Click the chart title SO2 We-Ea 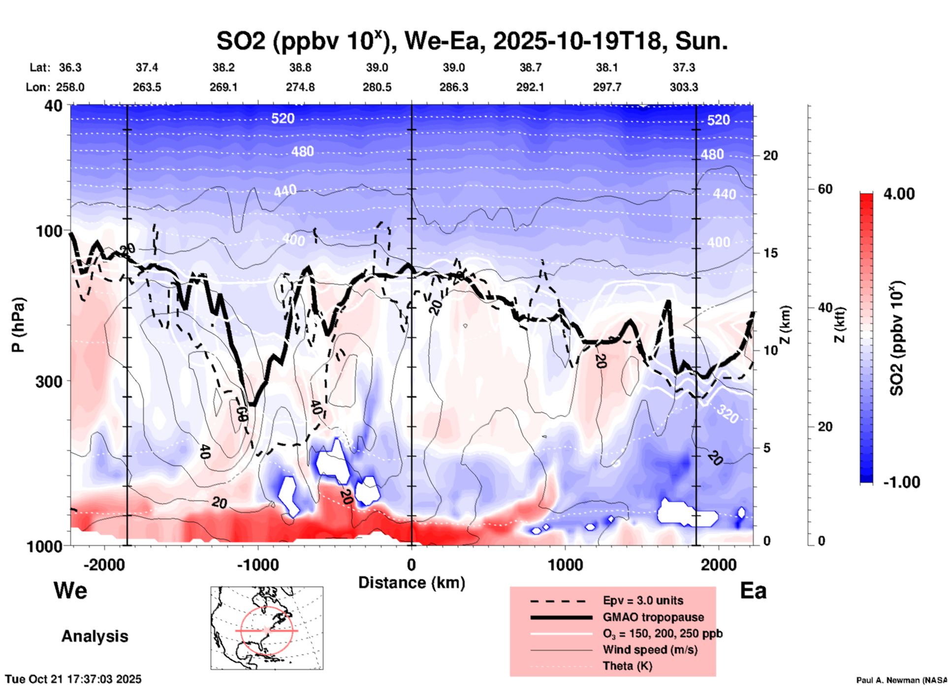click(472, 41)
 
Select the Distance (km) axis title click(411, 583)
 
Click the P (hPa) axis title click(18, 325)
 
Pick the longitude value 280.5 click(377, 87)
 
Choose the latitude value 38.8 click(300, 67)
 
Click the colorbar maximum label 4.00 click(899, 193)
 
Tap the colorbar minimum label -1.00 click(901, 482)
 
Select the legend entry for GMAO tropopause click(653, 617)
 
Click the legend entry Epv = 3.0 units click(643, 601)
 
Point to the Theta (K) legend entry click(627, 666)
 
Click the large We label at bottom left click(70, 591)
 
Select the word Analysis click(95, 636)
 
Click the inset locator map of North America click(267, 628)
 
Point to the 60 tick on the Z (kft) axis click(825, 189)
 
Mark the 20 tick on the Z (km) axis click(770, 156)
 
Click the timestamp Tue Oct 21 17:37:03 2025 click(73, 679)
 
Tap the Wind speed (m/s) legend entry click(650, 650)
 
